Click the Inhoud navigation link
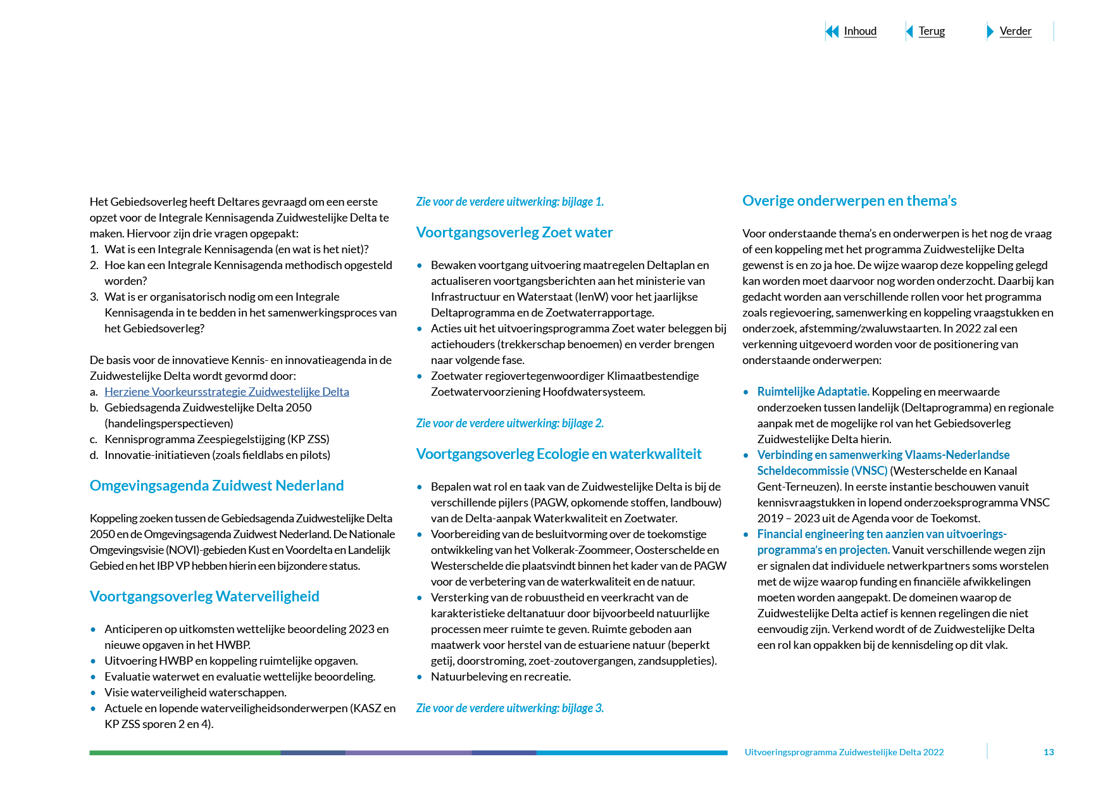point(859,31)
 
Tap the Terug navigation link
point(931,31)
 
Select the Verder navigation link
point(1015,31)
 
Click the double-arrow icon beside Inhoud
point(832,31)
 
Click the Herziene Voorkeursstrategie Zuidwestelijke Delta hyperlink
point(227,392)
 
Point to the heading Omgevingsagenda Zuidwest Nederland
point(216,486)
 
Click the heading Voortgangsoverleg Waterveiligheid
point(204,596)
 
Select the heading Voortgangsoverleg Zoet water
point(514,232)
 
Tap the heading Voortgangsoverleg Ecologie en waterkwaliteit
point(558,454)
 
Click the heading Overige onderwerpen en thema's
point(849,201)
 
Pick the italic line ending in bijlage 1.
point(509,202)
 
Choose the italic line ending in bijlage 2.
point(509,424)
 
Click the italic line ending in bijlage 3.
point(509,708)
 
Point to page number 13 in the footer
point(1048,752)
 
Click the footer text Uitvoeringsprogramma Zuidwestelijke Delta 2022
point(844,752)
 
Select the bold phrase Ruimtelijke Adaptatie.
point(813,392)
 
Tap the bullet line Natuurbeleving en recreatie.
point(501,677)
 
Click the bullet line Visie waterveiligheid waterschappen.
point(195,693)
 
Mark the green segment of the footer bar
point(184,753)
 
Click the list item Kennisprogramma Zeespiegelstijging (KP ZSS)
point(216,439)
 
